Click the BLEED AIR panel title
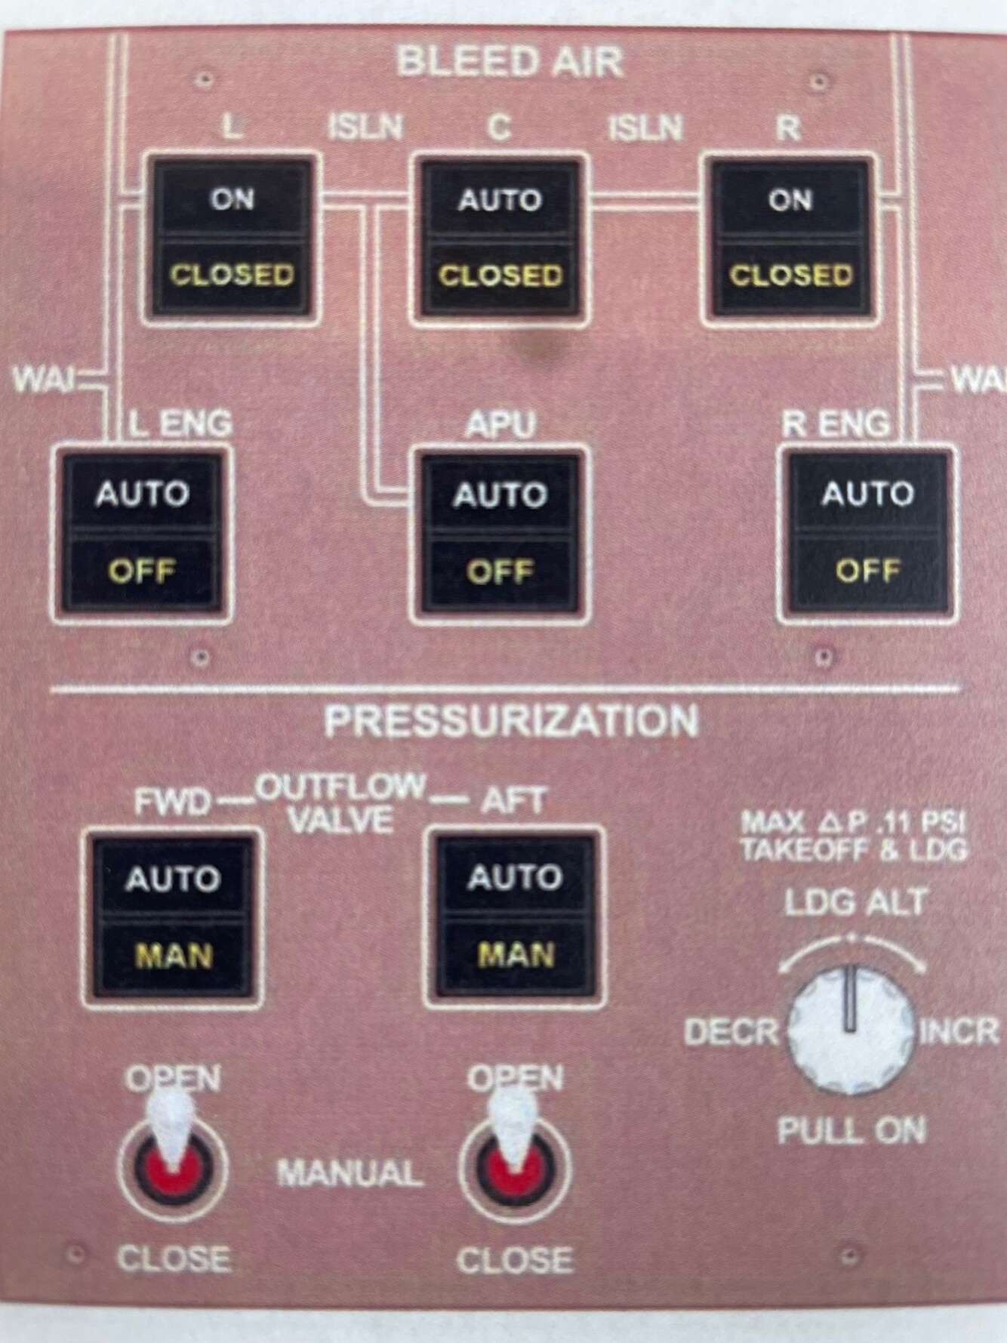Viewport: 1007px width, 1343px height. coord(510,61)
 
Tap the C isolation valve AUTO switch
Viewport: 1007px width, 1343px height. coord(500,237)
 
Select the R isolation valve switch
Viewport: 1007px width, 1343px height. coord(790,237)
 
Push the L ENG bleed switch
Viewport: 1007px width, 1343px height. coord(142,533)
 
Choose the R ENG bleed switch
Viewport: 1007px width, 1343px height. coord(867,531)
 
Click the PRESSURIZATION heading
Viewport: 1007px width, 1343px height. coord(511,721)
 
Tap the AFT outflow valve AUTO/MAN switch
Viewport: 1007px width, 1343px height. coord(516,916)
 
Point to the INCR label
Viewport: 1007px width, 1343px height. coord(959,1031)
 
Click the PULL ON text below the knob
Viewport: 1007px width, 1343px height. coord(851,1131)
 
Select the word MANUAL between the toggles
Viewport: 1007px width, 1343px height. coord(350,1173)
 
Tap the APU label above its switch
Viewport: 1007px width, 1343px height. coord(500,425)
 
